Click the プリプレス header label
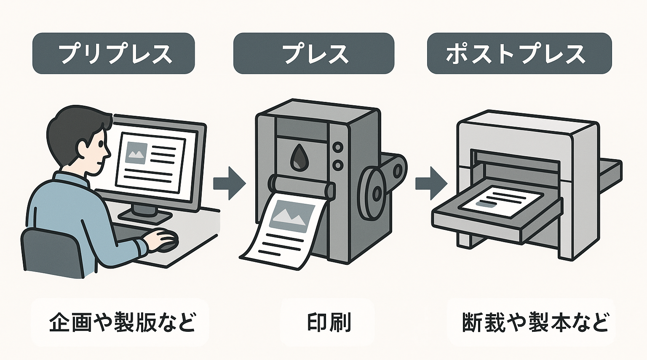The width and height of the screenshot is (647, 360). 114,53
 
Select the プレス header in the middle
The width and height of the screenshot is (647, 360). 314,53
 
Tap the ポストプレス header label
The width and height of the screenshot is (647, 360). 519,53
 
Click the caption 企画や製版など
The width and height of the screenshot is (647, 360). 122,323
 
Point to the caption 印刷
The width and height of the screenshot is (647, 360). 329,323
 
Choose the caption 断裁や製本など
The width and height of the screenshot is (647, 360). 535,323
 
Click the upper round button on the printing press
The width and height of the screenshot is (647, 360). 337,147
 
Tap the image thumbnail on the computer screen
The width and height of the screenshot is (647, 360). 136,153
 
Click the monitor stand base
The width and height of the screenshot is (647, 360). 145,216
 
